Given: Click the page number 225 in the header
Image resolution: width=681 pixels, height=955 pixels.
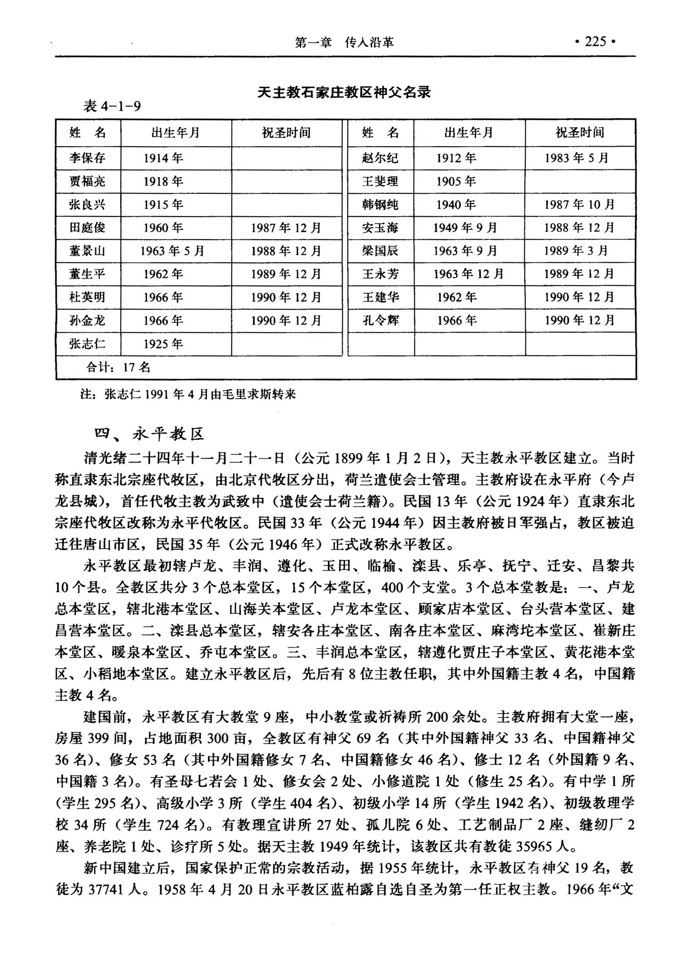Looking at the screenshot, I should click(x=595, y=42).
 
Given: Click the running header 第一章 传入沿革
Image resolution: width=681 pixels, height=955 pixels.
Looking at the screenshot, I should click(x=344, y=43).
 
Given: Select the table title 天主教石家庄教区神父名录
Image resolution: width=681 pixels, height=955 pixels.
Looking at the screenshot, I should click(x=344, y=93).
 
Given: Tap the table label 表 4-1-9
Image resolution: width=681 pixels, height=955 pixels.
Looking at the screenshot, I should click(x=112, y=106).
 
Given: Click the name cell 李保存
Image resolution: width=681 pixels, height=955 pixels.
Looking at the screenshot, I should click(x=87, y=158).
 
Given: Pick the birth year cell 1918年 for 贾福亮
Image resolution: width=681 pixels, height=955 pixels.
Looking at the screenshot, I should click(x=163, y=182).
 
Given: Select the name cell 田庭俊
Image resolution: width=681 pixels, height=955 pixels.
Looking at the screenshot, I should click(x=87, y=228).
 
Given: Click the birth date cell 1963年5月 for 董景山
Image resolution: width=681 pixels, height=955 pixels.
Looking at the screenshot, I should click(x=172, y=251).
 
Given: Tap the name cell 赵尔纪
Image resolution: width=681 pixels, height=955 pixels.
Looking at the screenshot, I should click(x=380, y=158).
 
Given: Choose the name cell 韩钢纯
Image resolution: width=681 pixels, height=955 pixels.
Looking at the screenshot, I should click(x=380, y=205).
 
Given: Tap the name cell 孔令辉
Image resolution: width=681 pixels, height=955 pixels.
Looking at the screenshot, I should click(x=380, y=320).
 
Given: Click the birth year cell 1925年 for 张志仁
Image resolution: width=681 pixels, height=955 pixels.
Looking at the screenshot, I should click(x=163, y=344).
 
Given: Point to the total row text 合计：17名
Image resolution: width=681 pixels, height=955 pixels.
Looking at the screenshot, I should click(x=118, y=367).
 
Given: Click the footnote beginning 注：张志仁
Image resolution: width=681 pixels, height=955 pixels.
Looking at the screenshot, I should click(x=188, y=394).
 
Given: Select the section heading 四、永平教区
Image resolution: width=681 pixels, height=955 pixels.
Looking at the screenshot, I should click(x=149, y=434).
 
